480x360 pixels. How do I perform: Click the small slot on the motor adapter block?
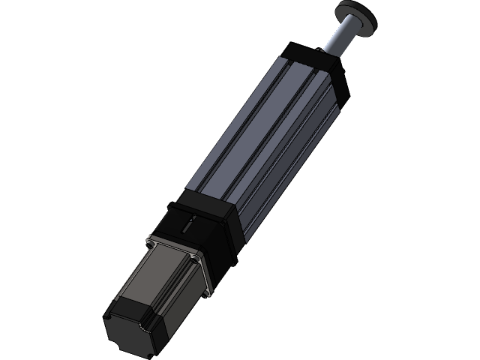click(x=190, y=221)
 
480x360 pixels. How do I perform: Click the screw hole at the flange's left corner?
click(x=152, y=241)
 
